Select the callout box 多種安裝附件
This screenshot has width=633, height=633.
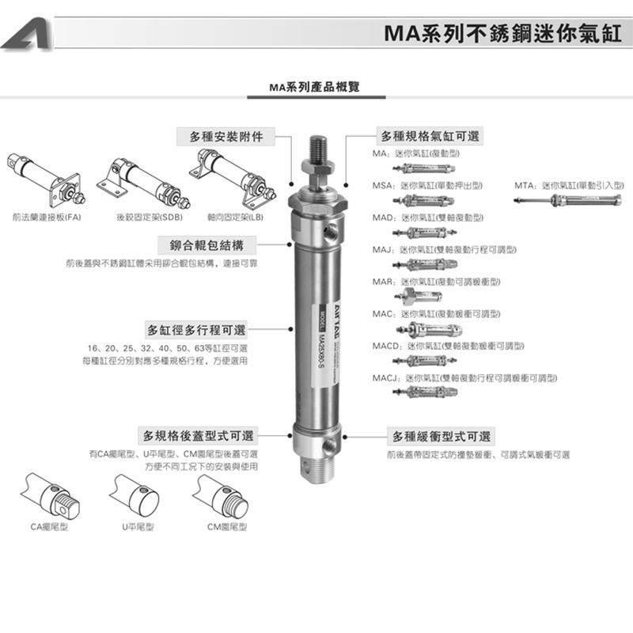pos(226,136)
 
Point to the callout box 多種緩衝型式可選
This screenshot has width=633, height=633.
pos(442,436)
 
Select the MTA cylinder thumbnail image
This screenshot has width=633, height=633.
pos(554,201)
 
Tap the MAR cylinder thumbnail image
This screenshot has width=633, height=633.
pos(419,298)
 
